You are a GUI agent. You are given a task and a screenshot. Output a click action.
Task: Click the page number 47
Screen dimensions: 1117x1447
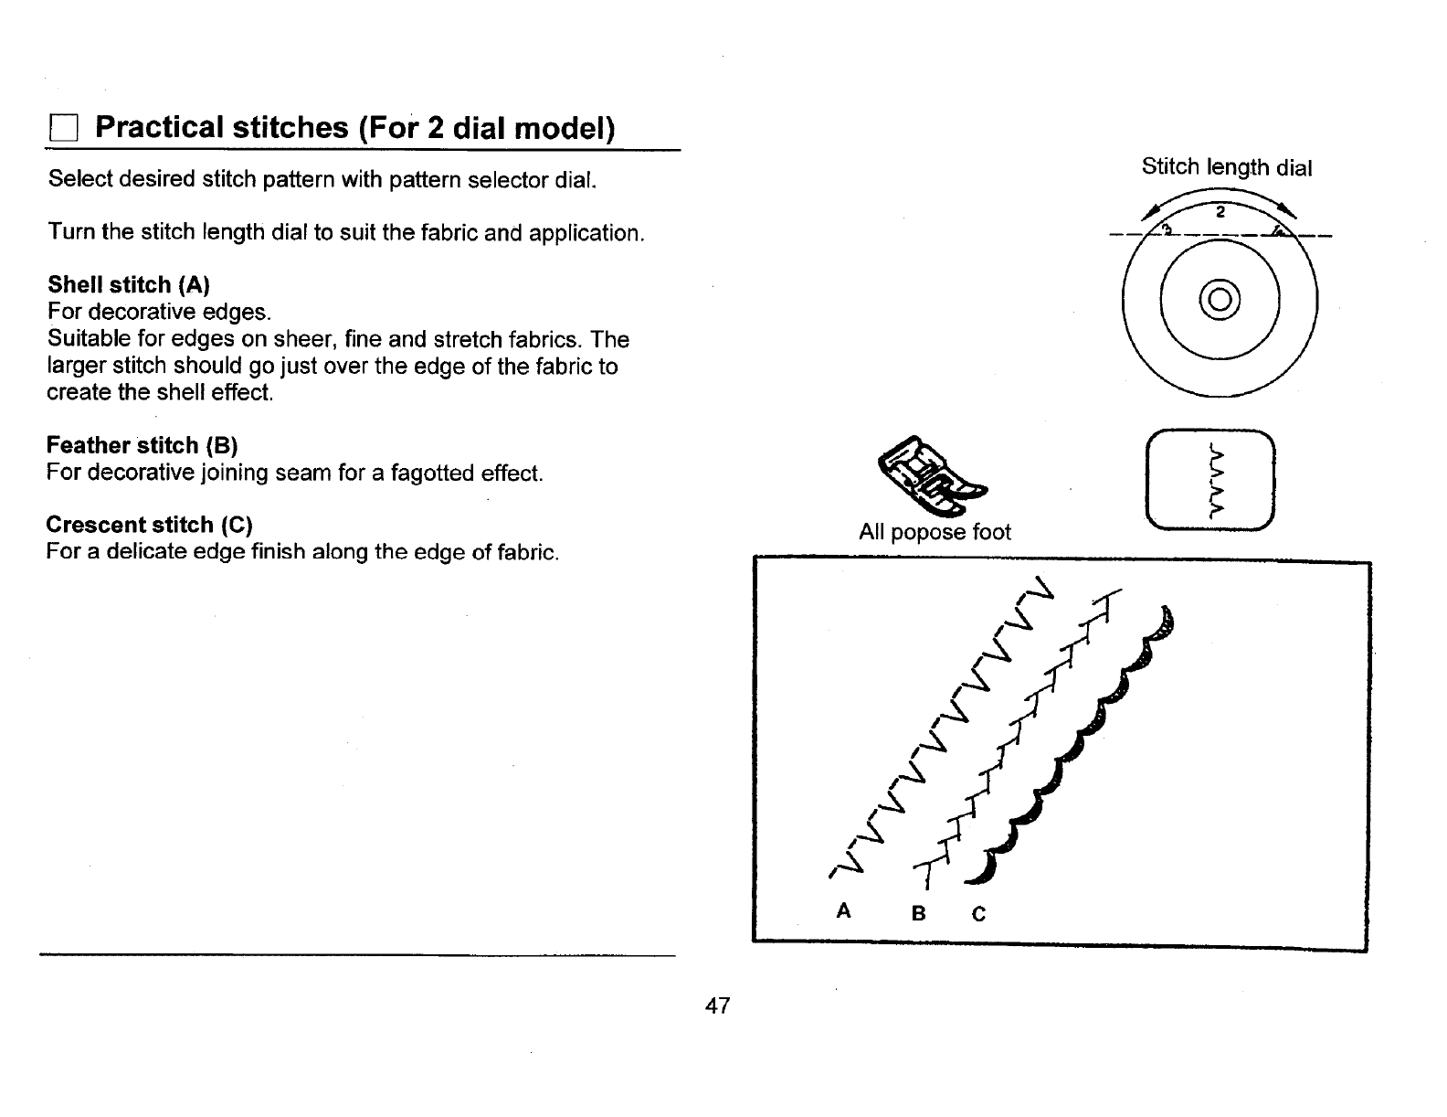click(718, 1006)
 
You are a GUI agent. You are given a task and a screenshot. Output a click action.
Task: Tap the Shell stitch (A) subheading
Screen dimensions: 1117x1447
click(128, 285)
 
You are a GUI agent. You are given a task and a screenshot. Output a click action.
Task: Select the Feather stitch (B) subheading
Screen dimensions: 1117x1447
click(142, 446)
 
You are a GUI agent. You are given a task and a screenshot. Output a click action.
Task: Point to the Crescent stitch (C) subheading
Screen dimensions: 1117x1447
click(149, 525)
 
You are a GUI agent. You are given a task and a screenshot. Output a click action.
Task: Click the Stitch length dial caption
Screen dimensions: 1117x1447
click(1226, 167)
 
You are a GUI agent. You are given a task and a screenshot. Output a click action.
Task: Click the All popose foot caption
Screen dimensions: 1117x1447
click(935, 533)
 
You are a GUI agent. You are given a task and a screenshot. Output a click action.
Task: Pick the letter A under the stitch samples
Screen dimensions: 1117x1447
click(843, 911)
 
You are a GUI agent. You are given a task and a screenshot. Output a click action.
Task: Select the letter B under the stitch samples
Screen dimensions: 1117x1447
click(919, 913)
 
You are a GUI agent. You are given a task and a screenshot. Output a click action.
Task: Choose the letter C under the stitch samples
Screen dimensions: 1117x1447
click(978, 913)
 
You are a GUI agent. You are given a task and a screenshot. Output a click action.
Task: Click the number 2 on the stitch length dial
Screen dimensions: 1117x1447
click(1219, 213)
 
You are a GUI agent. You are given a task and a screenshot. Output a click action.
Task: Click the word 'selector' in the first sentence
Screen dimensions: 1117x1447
click(507, 178)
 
